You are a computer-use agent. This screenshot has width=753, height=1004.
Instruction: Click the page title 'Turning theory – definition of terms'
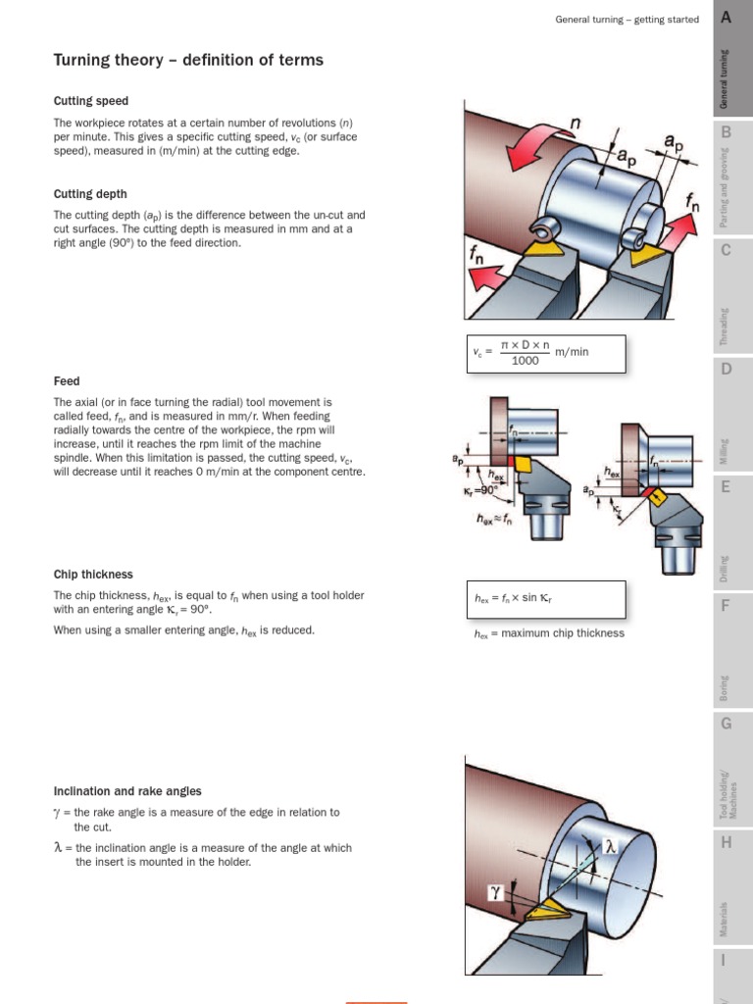[x=188, y=61]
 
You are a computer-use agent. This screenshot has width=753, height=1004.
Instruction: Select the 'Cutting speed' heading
[x=90, y=101]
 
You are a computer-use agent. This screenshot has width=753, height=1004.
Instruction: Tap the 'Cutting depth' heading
[x=90, y=194]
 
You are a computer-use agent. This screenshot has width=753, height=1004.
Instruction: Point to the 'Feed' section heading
[x=67, y=380]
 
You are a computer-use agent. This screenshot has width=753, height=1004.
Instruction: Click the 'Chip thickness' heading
[x=93, y=575]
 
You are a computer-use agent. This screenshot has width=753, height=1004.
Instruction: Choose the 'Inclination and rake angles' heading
[x=127, y=791]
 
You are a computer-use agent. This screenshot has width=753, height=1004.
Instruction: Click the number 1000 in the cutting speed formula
[x=526, y=361]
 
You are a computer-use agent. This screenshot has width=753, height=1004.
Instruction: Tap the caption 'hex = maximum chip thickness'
[x=548, y=633]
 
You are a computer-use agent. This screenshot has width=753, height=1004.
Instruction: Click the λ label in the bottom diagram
[x=610, y=845]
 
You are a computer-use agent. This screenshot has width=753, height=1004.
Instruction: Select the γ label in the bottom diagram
[x=496, y=891]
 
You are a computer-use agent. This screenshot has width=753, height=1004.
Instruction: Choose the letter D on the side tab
[x=726, y=369]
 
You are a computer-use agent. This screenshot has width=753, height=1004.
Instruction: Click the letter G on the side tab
[x=726, y=724]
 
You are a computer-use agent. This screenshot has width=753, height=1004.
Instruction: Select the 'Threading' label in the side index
[x=725, y=327]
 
